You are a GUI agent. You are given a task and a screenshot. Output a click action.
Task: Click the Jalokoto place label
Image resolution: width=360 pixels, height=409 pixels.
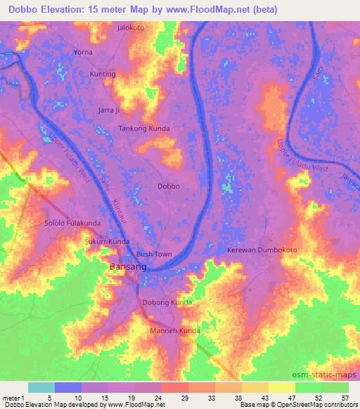tap(130, 28)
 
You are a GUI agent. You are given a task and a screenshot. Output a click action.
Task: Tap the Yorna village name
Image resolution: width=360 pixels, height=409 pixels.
tap(83, 52)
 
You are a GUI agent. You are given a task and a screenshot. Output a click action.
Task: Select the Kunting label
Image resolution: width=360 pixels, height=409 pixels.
tap(103, 74)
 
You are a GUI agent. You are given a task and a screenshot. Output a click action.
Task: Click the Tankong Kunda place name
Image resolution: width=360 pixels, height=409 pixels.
tap(144, 129)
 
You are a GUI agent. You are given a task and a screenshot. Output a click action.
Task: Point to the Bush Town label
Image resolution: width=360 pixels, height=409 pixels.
tap(154, 254)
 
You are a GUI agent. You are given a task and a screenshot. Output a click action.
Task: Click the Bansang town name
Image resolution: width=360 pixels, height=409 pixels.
tap(127, 267)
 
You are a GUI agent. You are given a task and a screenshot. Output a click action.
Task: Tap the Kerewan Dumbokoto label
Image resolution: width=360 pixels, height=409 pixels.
tap(262, 250)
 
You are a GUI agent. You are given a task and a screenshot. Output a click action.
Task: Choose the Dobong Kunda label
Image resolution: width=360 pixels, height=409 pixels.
tap(167, 302)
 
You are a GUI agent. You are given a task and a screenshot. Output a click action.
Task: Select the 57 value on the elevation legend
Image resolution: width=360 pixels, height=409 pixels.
tap(345, 397)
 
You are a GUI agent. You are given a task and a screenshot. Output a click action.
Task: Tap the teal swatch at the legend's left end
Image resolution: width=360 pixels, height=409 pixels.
tap(41, 387)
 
